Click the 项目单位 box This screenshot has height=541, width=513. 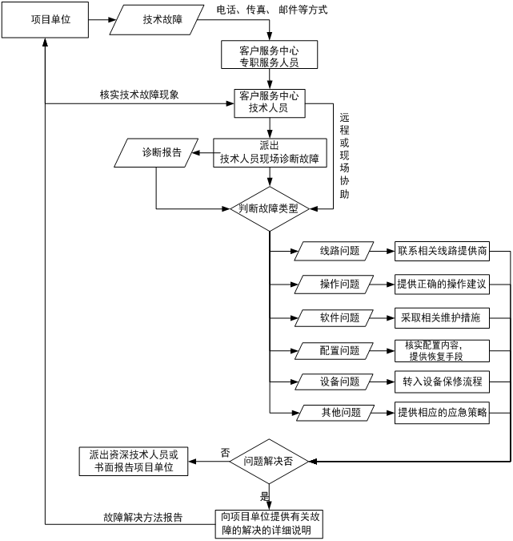tap(46, 19)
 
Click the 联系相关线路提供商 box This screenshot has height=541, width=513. tap(441, 252)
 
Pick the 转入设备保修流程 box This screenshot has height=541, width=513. tap(441, 382)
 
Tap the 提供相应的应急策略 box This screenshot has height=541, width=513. tap(441, 413)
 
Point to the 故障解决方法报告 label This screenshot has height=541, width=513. tap(142, 518)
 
